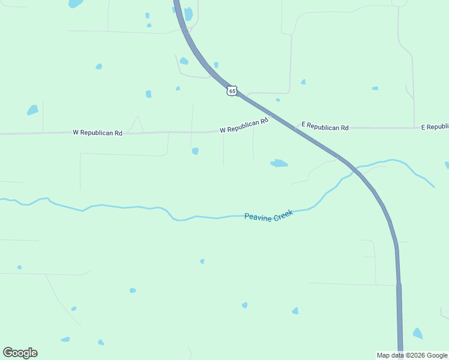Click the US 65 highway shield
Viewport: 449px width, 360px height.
click(x=232, y=91)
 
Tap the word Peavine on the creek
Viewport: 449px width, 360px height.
click(x=258, y=215)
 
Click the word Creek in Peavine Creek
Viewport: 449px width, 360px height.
click(x=283, y=214)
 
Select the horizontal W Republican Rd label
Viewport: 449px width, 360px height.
click(x=97, y=133)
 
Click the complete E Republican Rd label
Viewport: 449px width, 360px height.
click(x=325, y=127)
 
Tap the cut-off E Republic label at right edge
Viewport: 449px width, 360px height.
click(x=435, y=127)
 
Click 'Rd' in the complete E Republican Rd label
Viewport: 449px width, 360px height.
click(x=345, y=128)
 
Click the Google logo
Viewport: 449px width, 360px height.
click(x=20, y=353)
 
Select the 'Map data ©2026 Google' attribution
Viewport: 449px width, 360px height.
click(x=412, y=355)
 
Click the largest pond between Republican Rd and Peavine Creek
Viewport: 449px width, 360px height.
click(x=279, y=163)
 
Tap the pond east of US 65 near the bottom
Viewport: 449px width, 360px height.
click(x=417, y=333)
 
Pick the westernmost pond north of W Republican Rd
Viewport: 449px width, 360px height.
click(x=32, y=110)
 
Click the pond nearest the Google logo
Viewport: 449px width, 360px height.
click(x=65, y=340)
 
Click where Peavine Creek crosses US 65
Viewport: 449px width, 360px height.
click(x=355, y=170)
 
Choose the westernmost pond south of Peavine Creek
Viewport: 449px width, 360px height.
click(x=19, y=267)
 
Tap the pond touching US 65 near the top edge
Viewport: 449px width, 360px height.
click(x=188, y=14)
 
